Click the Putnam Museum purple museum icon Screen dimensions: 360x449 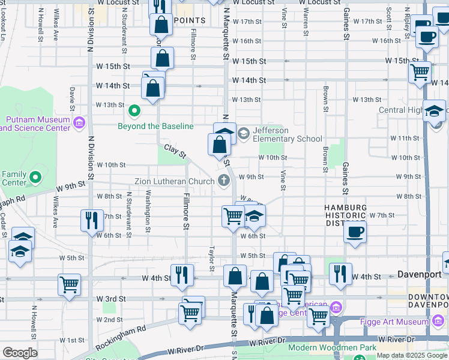click(79, 124)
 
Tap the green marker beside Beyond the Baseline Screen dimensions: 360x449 click(134, 111)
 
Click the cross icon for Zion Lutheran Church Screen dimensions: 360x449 click(224, 180)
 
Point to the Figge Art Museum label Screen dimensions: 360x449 click(393, 322)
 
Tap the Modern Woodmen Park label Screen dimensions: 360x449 click(332, 347)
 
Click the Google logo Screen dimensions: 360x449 click(19, 353)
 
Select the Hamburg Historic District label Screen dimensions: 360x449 click(345, 215)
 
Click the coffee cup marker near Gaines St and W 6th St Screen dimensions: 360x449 click(355, 232)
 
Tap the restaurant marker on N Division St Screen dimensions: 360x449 click(92, 220)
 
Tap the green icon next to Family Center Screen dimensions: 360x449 click(35, 178)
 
